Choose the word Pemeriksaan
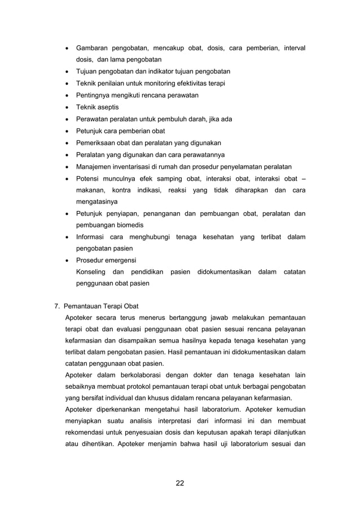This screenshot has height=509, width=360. (x=95, y=143)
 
